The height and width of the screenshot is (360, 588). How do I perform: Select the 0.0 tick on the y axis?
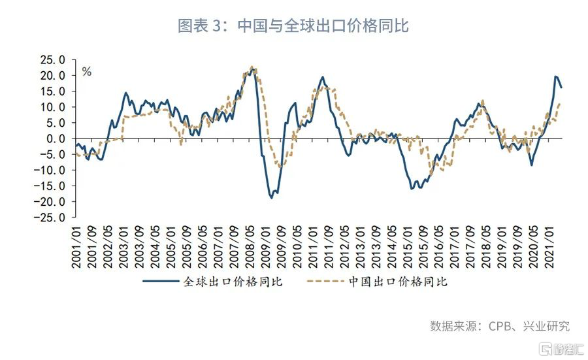[56, 139]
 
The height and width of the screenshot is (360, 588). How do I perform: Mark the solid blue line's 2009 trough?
[271, 197]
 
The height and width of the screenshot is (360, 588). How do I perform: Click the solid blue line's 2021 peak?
[556, 77]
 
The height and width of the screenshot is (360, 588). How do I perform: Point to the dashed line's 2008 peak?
[252, 66]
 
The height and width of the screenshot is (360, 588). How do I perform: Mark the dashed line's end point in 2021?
[561, 103]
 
